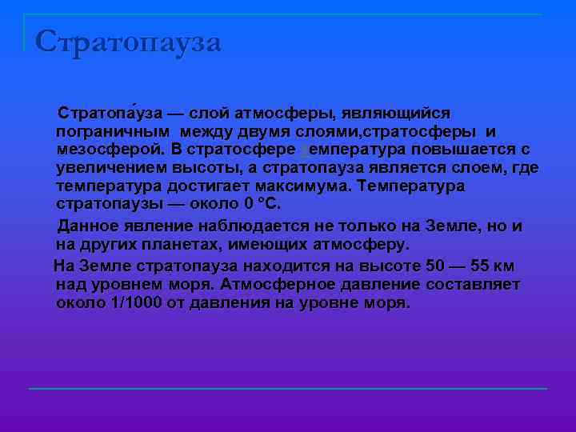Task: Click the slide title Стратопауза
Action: tap(128, 42)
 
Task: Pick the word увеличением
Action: tap(111, 168)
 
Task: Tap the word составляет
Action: tap(475, 285)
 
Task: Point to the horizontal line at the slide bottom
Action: tap(288, 389)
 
